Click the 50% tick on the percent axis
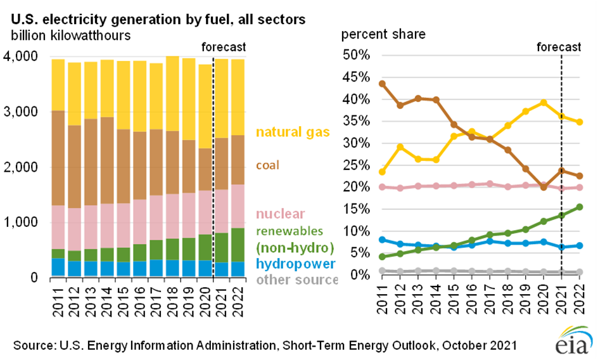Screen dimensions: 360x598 point(357,56)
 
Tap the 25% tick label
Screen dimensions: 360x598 point(357,165)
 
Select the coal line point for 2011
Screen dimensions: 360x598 point(382,84)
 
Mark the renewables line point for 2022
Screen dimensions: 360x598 point(579,207)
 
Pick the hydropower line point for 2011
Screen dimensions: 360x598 point(382,240)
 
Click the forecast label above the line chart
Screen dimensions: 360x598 point(559,47)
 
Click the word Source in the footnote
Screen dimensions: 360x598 point(34,346)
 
